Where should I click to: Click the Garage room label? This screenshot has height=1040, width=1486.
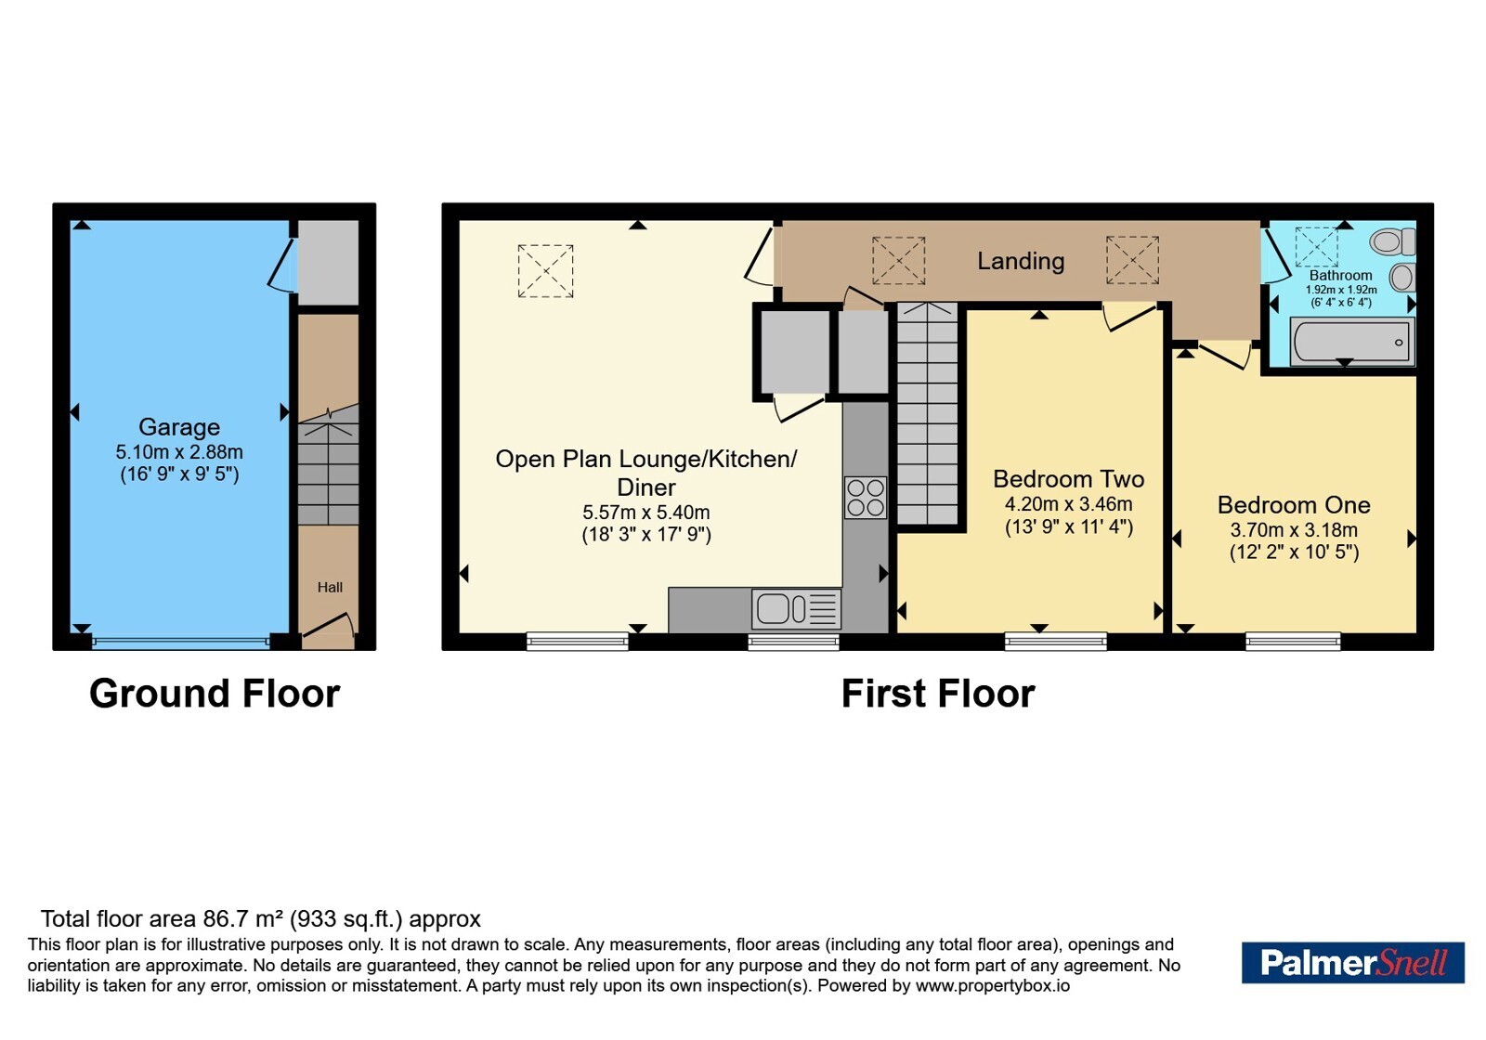point(179,426)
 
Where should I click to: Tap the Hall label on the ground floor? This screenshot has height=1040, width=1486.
point(330,587)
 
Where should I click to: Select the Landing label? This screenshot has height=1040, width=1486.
point(1021,261)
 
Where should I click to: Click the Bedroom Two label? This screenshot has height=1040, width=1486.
point(1069,478)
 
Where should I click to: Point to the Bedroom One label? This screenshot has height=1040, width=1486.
point(1294,505)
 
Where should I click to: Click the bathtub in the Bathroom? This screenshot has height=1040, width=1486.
point(1351,342)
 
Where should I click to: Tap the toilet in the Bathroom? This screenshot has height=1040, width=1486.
point(1394,241)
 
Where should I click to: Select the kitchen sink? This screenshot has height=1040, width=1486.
point(796,608)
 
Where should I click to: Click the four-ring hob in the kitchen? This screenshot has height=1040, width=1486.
point(865,498)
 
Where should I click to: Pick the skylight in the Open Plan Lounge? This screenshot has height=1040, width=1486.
point(545,270)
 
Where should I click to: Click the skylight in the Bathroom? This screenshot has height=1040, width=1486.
point(1316,247)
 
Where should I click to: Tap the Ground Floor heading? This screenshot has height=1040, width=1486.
point(215,694)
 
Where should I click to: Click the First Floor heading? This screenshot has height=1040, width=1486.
point(938,694)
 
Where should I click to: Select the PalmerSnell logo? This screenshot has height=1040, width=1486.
point(1352,962)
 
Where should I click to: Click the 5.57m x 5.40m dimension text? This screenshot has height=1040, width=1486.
point(646,512)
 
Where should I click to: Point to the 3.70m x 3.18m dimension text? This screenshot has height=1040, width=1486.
point(1294,530)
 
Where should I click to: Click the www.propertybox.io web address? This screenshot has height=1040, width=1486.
point(993,985)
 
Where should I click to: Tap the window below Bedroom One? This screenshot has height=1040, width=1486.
point(1293,641)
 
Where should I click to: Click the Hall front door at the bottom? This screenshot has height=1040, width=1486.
point(329,627)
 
